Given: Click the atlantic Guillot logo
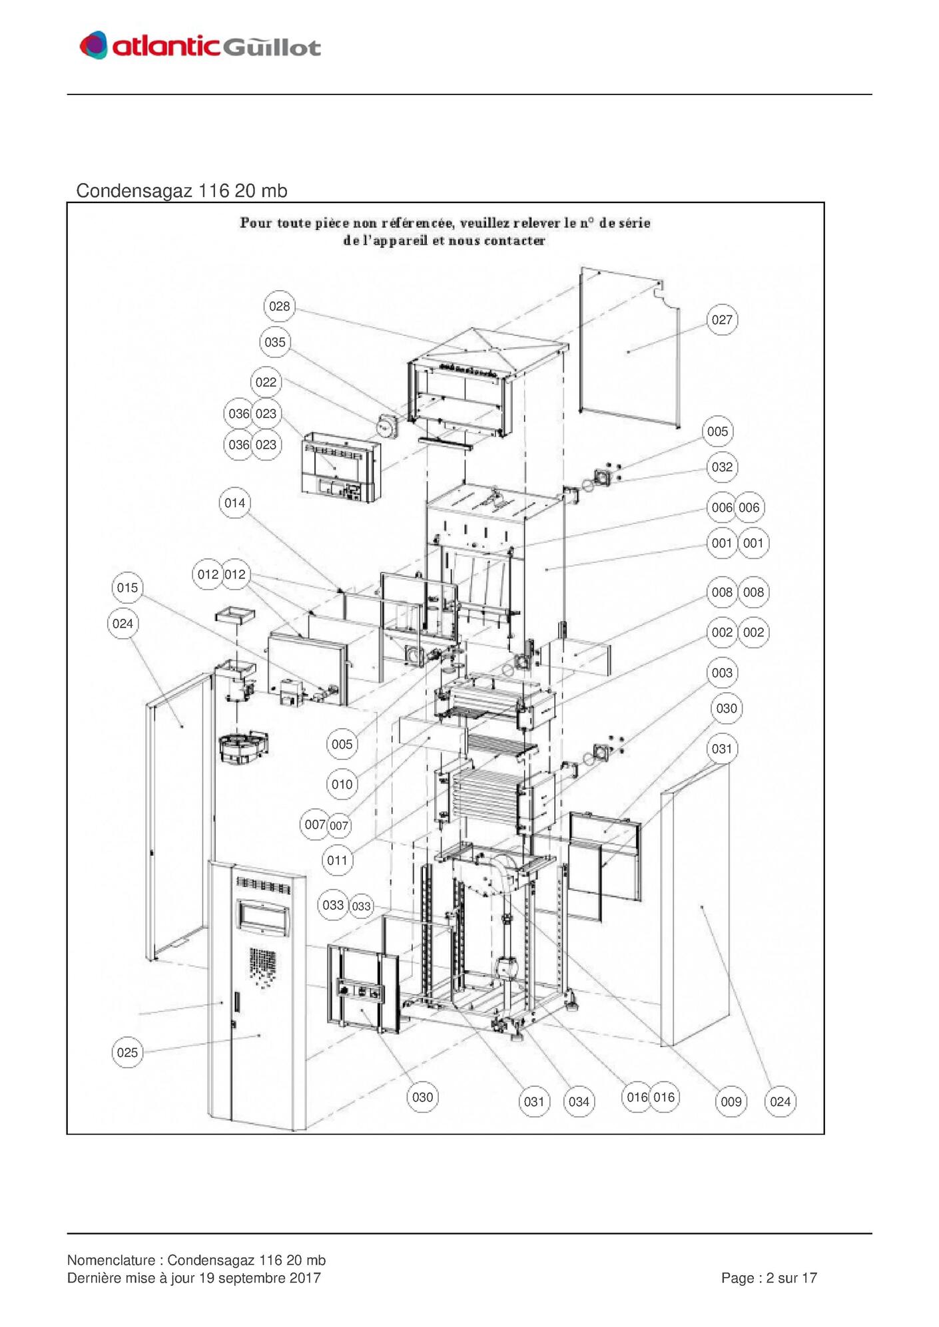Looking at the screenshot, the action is point(200,45).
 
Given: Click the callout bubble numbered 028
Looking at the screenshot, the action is point(279,306).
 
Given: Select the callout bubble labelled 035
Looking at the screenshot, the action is point(274,342).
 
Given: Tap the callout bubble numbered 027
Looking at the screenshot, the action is point(722,319).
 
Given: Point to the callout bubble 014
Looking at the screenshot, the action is point(234,502).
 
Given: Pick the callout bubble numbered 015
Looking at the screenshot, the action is point(127,588).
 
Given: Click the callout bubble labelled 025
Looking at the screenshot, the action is point(127,1052).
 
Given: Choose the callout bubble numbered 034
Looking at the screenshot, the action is point(579,1101).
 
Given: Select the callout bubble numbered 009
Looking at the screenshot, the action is point(731,1101).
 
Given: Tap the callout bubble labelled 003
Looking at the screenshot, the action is point(722,672).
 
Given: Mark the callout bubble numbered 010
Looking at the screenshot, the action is point(342,784).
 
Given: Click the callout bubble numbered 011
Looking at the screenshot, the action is point(337,860).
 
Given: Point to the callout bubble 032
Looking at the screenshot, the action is point(722,467).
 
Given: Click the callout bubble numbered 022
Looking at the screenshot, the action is point(266,382).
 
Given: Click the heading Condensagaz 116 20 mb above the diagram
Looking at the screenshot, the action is point(182,191).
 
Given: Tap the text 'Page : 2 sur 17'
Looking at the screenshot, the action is point(769,1278).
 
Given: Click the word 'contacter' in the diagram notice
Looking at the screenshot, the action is point(515,241).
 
